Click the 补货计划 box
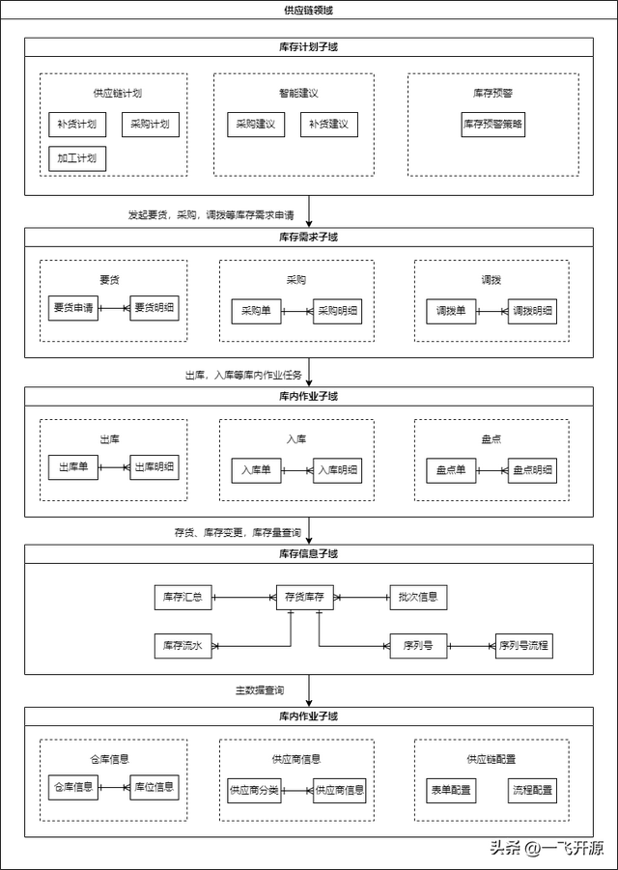click(x=77, y=125)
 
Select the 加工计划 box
click(x=77, y=158)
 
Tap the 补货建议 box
click(x=329, y=125)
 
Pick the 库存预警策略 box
click(x=493, y=125)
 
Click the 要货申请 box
click(x=73, y=307)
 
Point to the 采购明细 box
click(x=337, y=311)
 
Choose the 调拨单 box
click(x=451, y=311)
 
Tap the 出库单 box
click(x=73, y=467)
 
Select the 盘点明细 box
click(x=533, y=470)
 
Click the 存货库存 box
click(x=304, y=597)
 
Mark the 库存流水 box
click(x=183, y=646)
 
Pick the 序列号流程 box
click(x=523, y=646)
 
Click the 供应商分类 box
click(x=254, y=790)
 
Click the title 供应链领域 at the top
click(x=308, y=10)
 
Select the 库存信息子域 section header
click(x=308, y=553)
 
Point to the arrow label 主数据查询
click(x=260, y=690)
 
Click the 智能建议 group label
click(x=298, y=94)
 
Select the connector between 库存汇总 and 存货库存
click(x=244, y=598)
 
